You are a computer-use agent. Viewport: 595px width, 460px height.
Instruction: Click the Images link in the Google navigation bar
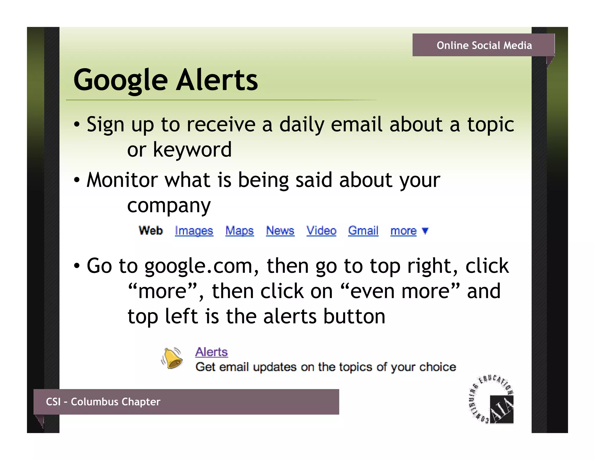194,231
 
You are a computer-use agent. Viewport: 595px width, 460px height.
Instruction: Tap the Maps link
239,231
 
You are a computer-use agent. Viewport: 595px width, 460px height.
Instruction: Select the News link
280,231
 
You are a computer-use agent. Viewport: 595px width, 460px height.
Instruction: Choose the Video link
321,231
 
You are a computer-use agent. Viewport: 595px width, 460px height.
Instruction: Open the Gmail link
363,231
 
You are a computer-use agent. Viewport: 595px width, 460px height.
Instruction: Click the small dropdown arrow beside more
425,231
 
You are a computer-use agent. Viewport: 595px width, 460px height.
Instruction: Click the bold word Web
151,231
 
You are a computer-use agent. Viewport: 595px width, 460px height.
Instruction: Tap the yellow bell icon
172,358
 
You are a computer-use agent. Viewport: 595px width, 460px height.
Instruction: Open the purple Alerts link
211,352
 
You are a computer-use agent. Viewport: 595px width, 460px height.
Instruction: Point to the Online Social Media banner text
484,45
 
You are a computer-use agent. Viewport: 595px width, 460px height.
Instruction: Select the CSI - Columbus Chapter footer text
103,402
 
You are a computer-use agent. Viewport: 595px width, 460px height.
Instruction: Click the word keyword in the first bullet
192,150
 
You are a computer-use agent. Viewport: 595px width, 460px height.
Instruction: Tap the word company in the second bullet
169,206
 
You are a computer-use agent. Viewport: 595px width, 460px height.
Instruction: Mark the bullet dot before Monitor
76,180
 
